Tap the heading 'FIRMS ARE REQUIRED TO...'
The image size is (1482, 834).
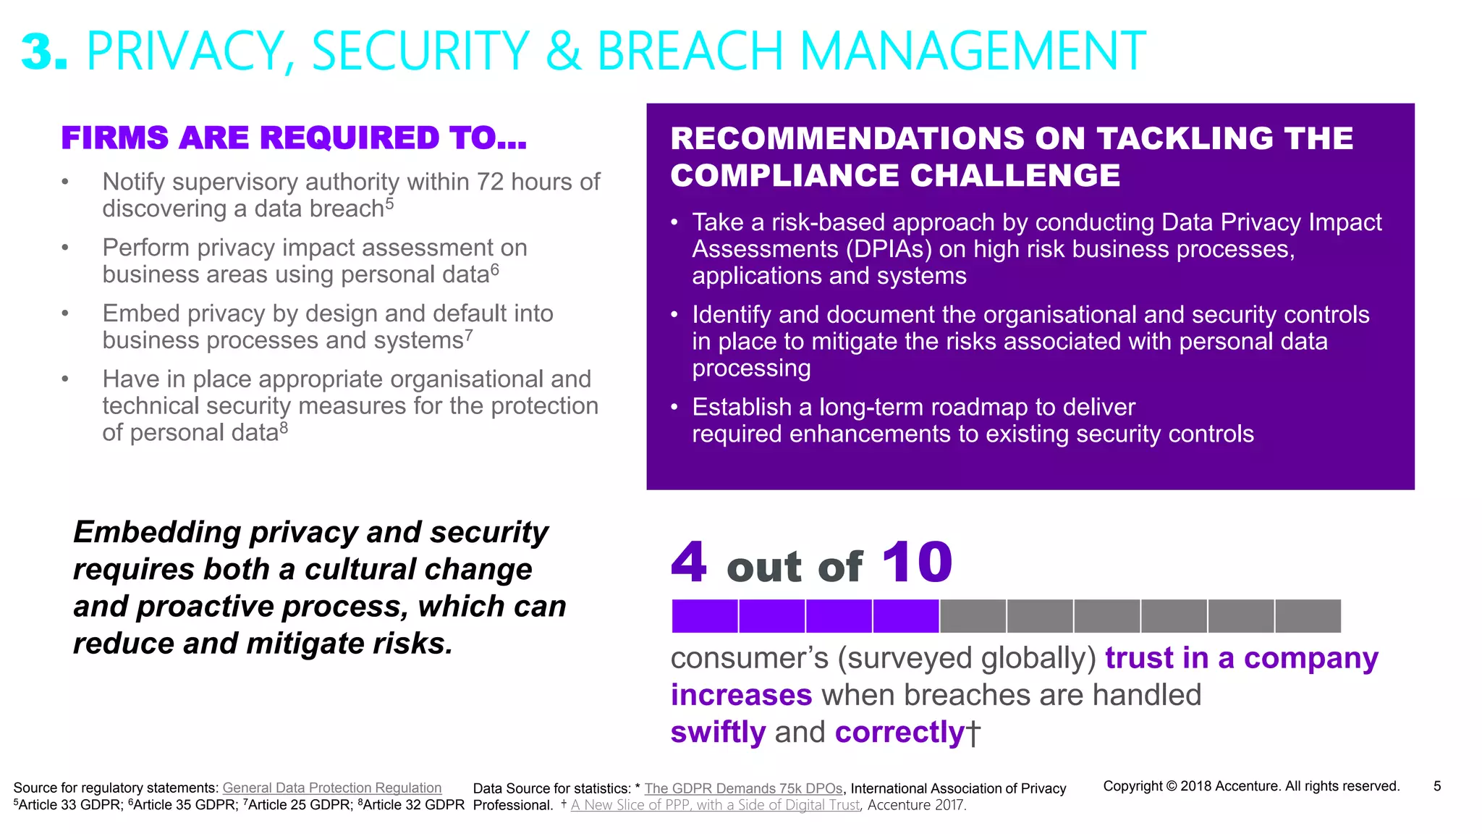294,138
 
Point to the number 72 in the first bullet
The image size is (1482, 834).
490,182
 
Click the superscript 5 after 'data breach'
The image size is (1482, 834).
389,203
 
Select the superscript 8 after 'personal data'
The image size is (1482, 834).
284,428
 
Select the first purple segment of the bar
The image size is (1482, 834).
704,616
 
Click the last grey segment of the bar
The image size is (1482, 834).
1308,616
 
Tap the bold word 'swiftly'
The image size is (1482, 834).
718,733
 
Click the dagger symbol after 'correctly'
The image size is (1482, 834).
973,733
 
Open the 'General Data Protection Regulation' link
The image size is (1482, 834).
331,788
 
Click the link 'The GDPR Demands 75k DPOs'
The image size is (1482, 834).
743,788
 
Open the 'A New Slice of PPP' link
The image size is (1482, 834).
716,805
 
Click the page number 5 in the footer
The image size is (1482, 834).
1437,786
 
